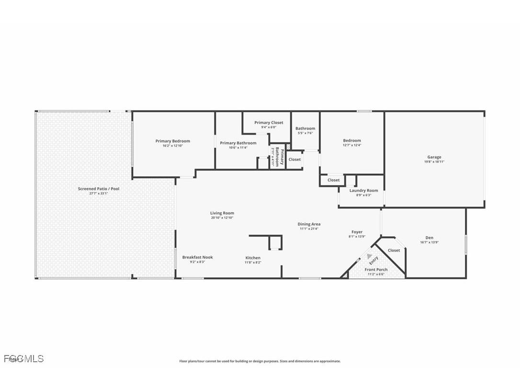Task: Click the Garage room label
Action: pos(434,157)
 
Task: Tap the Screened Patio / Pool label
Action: pos(99,189)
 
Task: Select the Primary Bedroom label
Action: pos(172,141)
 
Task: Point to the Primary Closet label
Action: pos(269,123)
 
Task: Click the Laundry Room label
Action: pos(363,190)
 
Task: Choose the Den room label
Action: pos(429,238)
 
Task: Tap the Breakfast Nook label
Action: pos(197,257)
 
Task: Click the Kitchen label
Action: pos(253,258)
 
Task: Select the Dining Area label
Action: pos(309,224)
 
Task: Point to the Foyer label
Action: pos(357,232)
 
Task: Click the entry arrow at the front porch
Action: pos(369,256)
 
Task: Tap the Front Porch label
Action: pos(376,270)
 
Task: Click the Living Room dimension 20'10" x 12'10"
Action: pos(222,218)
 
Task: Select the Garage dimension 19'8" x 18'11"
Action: pos(434,162)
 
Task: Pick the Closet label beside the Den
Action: pos(394,251)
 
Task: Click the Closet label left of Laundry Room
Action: pos(333,180)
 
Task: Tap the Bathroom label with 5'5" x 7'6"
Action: pos(305,128)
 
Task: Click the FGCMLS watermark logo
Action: pos(23,358)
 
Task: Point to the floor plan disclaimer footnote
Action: pos(260,361)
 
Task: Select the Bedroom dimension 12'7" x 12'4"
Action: pos(351,145)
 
